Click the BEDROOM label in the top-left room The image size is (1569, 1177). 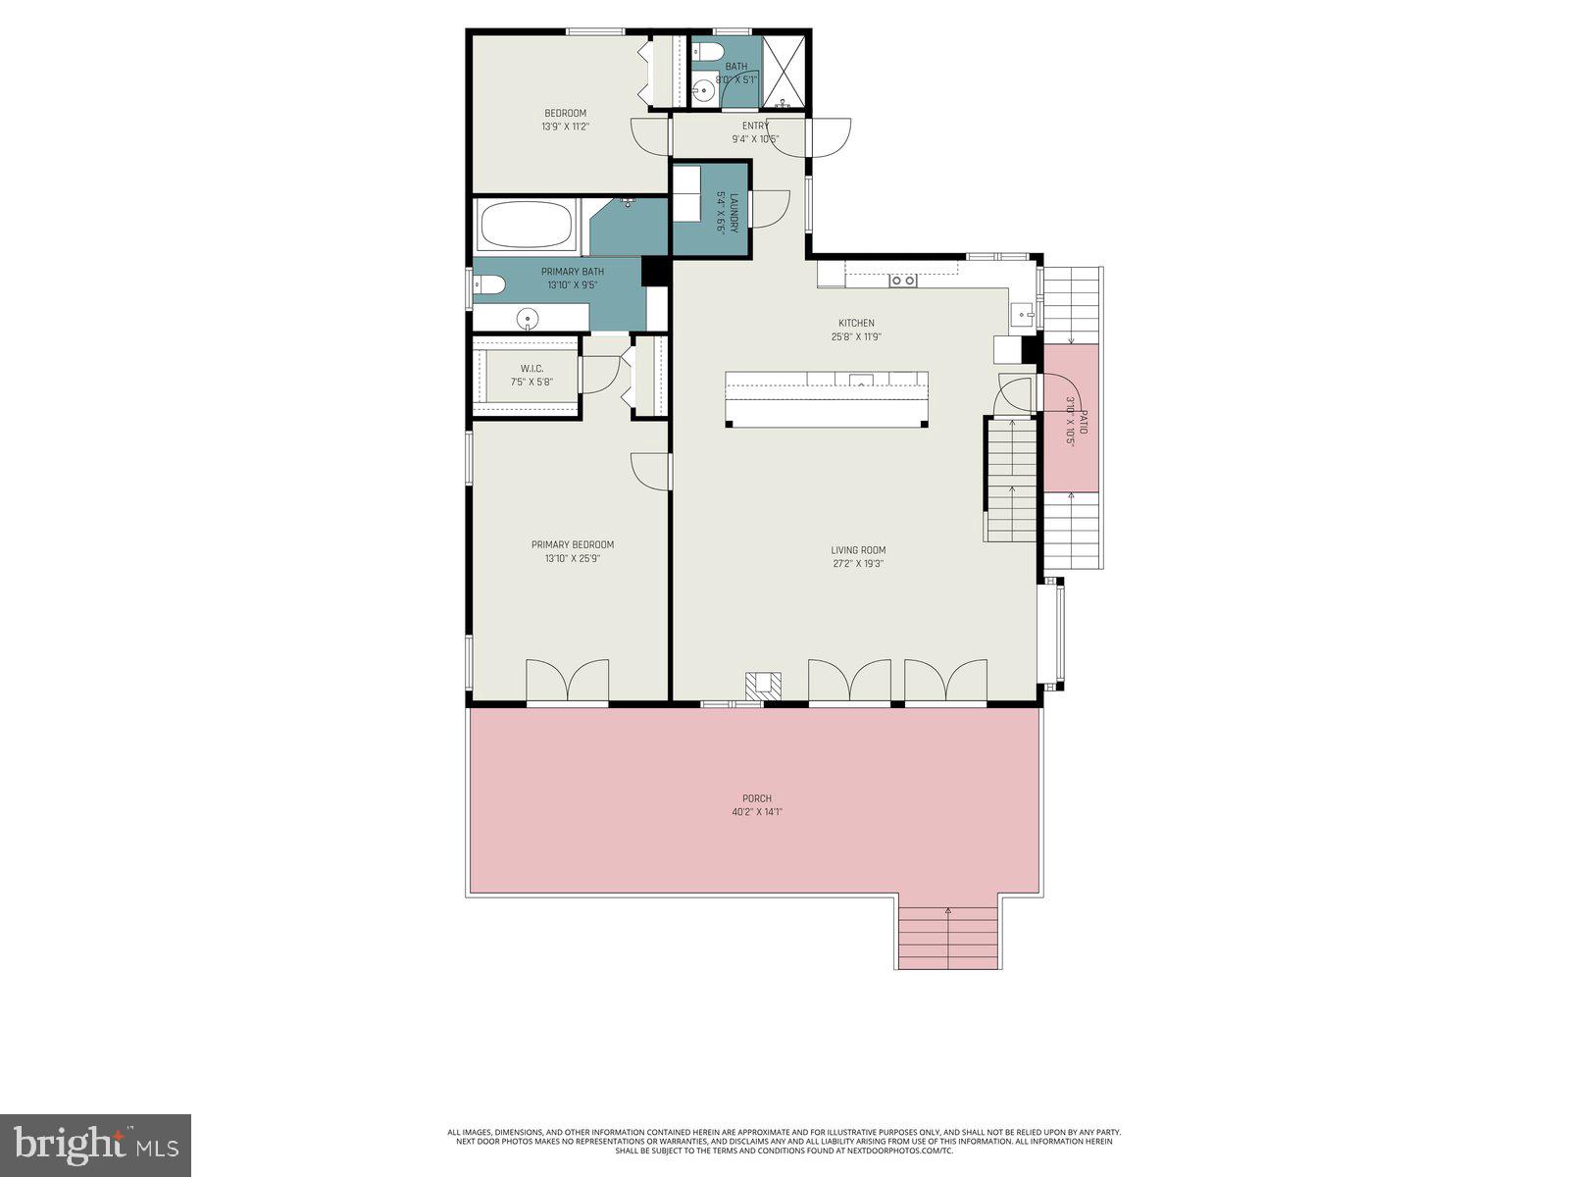[565, 113]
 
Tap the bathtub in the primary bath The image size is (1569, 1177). [526, 226]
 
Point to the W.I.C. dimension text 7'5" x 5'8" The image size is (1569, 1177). [531, 382]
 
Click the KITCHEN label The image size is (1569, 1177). [855, 323]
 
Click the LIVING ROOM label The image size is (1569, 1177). [858, 550]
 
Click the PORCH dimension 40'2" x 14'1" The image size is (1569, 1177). [756, 812]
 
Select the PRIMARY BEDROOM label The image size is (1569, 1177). [573, 544]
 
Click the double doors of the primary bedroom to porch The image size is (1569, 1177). [567, 682]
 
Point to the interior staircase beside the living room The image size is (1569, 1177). [1011, 479]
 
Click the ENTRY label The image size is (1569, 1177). [755, 126]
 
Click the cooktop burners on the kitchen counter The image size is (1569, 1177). [902, 281]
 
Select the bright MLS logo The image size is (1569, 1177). [95, 1144]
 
